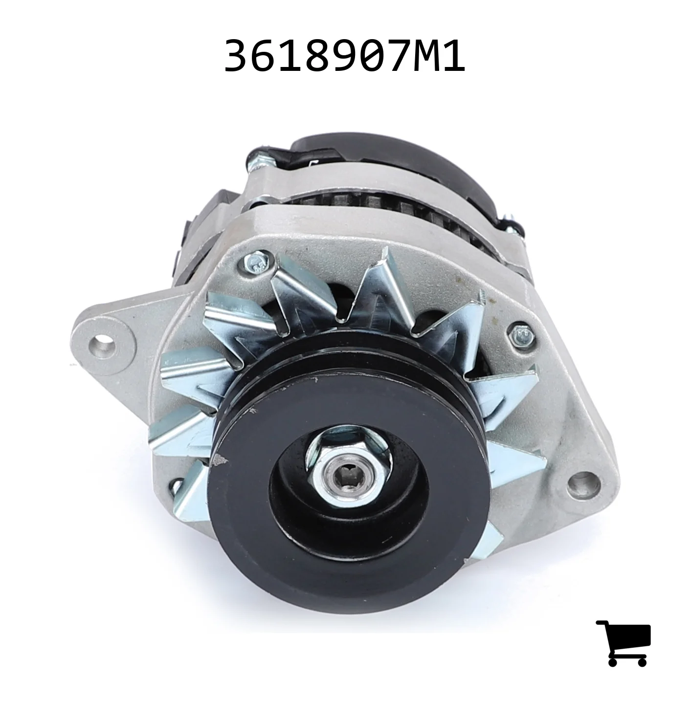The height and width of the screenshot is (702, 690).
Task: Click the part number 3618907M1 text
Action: click(x=344, y=57)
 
